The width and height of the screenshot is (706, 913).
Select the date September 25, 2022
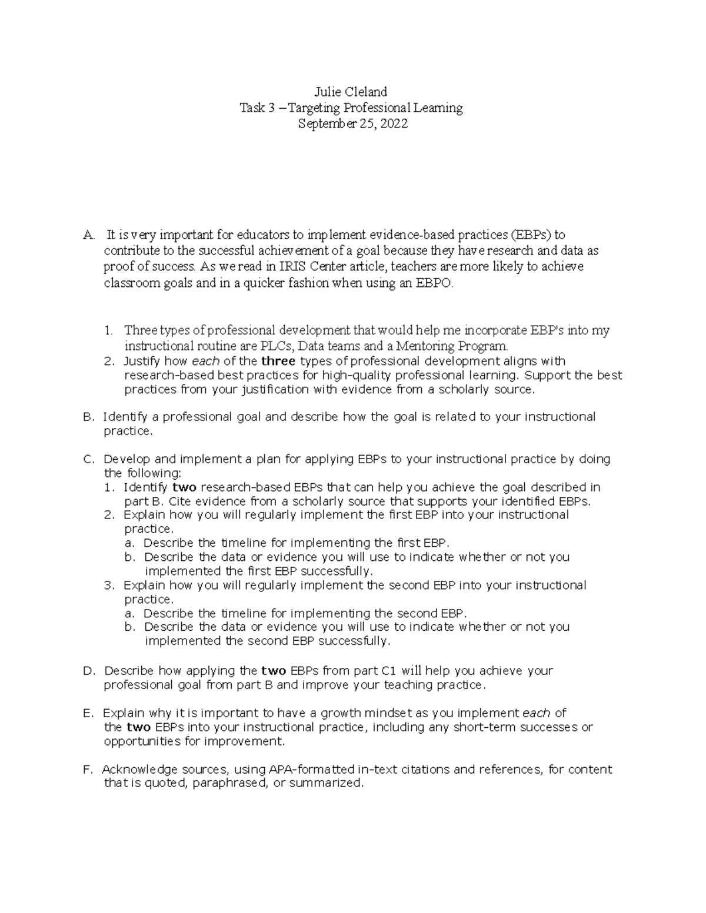tap(352, 124)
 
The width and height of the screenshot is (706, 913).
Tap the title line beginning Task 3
tap(351, 108)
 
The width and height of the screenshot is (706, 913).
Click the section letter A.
tap(88, 235)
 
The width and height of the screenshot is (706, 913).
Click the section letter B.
tap(88, 417)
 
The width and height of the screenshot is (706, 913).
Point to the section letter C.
tap(88, 459)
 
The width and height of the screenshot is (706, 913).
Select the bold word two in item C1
tap(185, 487)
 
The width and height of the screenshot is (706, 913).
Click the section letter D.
tap(89, 671)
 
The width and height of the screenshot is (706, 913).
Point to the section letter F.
tap(88, 770)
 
